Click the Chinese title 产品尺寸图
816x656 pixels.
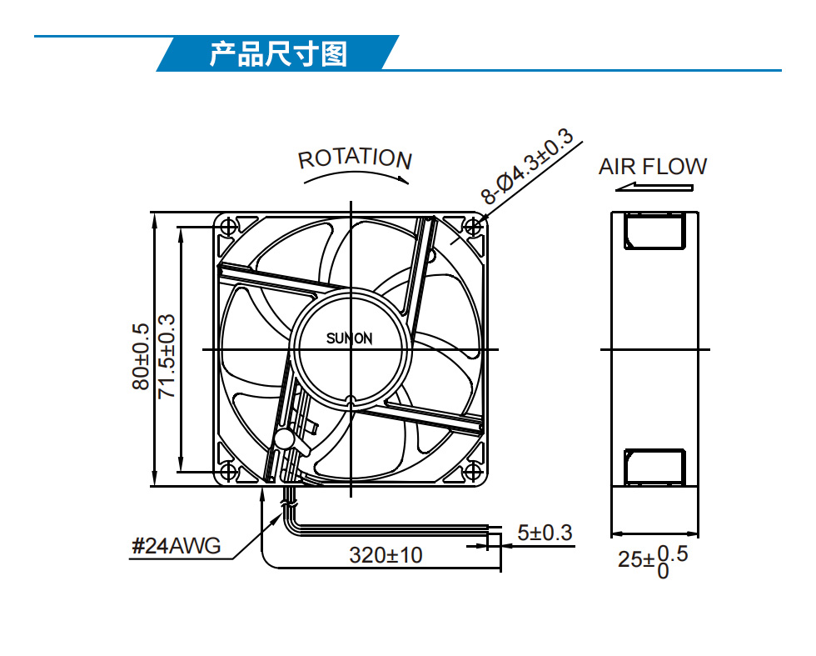(x=278, y=54)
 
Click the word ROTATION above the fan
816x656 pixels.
(x=355, y=158)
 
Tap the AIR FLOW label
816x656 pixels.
(x=653, y=167)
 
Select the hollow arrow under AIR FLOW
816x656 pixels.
(x=654, y=187)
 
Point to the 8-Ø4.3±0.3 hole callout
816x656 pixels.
(x=526, y=166)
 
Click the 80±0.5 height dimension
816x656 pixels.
(x=141, y=357)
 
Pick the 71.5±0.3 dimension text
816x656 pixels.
(x=166, y=357)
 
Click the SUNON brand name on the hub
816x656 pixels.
(x=349, y=338)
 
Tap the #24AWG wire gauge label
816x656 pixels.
(x=176, y=546)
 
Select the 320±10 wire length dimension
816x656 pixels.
(x=386, y=555)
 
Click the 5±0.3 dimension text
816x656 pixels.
(x=545, y=533)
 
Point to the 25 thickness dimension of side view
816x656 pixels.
(x=630, y=559)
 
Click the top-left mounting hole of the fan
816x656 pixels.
(x=228, y=227)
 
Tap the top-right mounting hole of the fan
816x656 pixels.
(x=473, y=227)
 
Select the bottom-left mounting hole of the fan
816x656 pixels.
(x=228, y=472)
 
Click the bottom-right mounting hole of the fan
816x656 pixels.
(x=473, y=472)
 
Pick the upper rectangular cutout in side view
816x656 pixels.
(x=654, y=231)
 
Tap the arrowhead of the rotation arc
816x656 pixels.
(x=403, y=180)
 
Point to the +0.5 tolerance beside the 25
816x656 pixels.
(x=673, y=553)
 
